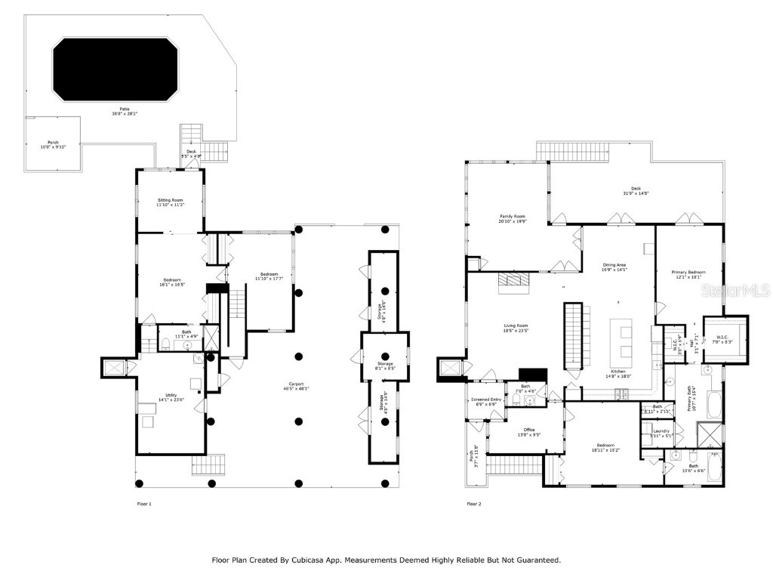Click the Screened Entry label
[485, 401]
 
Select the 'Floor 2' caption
[474, 504]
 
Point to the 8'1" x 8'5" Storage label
[386, 366]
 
